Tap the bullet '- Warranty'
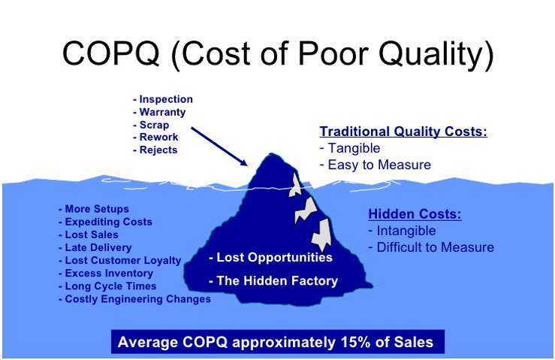[159, 112]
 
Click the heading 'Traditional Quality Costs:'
[403, 132]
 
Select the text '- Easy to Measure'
[376, 165]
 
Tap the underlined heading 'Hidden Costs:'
[415, 214]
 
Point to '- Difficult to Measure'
[431, 247]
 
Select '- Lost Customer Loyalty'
[119, 260]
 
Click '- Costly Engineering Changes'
[134, 298]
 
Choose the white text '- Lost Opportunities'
[270, 258]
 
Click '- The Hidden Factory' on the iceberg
[273, 281]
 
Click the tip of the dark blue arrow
[246, 164]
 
